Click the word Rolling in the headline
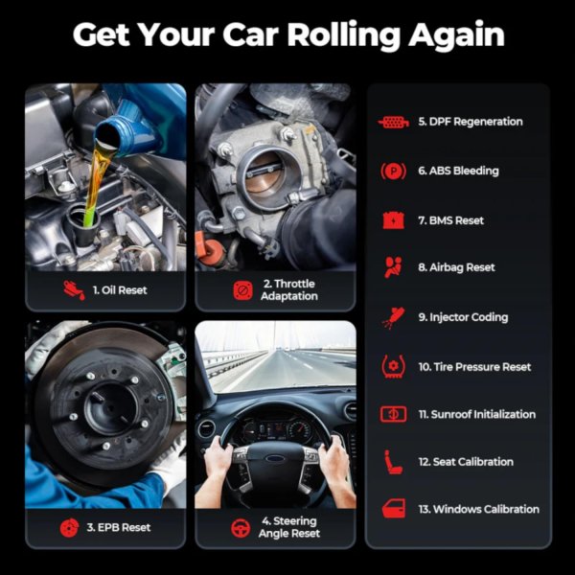pyautogui.click(x=343, y=35)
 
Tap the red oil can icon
pyautogui.click(x=74, y=290)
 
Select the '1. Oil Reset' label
pyautogui.click(x=120, y=290)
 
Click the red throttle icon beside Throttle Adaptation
pyautogui.click(x=242, y=290)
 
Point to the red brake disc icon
pyautogui.click(x=69, y=528)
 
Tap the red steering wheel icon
pyautogui.click(x=241, y=528)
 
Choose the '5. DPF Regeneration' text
pyautogui.click(x=471, y=122)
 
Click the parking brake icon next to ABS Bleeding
pyautogui.click(x=393, y=172)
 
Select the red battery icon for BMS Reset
pyautogui.click(x=394, y=220)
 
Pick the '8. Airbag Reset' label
pyautogui.click(x=456, y=267)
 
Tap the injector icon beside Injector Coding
pyautogui.click(x=393, y=317)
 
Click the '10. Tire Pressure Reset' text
pyautogui.click(x=475, y=367)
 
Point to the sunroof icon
pyautogui.click(x=393, y=414)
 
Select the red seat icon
pyautogui.click(x=393, y=462)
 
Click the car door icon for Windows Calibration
pyautogui.click(x=394, y=509)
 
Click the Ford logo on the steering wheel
pyautogui.click(x=276, y=459)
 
